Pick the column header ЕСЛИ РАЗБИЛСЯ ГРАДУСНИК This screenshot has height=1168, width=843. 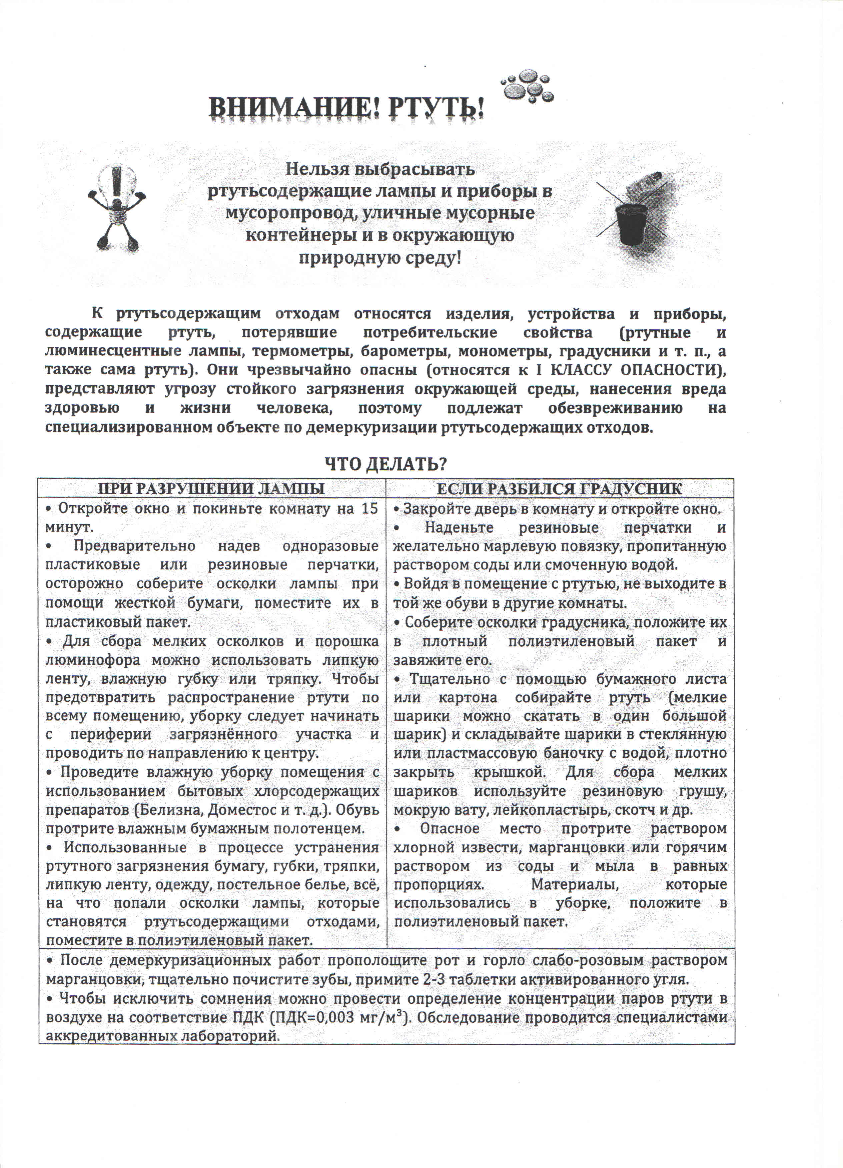pos(559,488)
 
